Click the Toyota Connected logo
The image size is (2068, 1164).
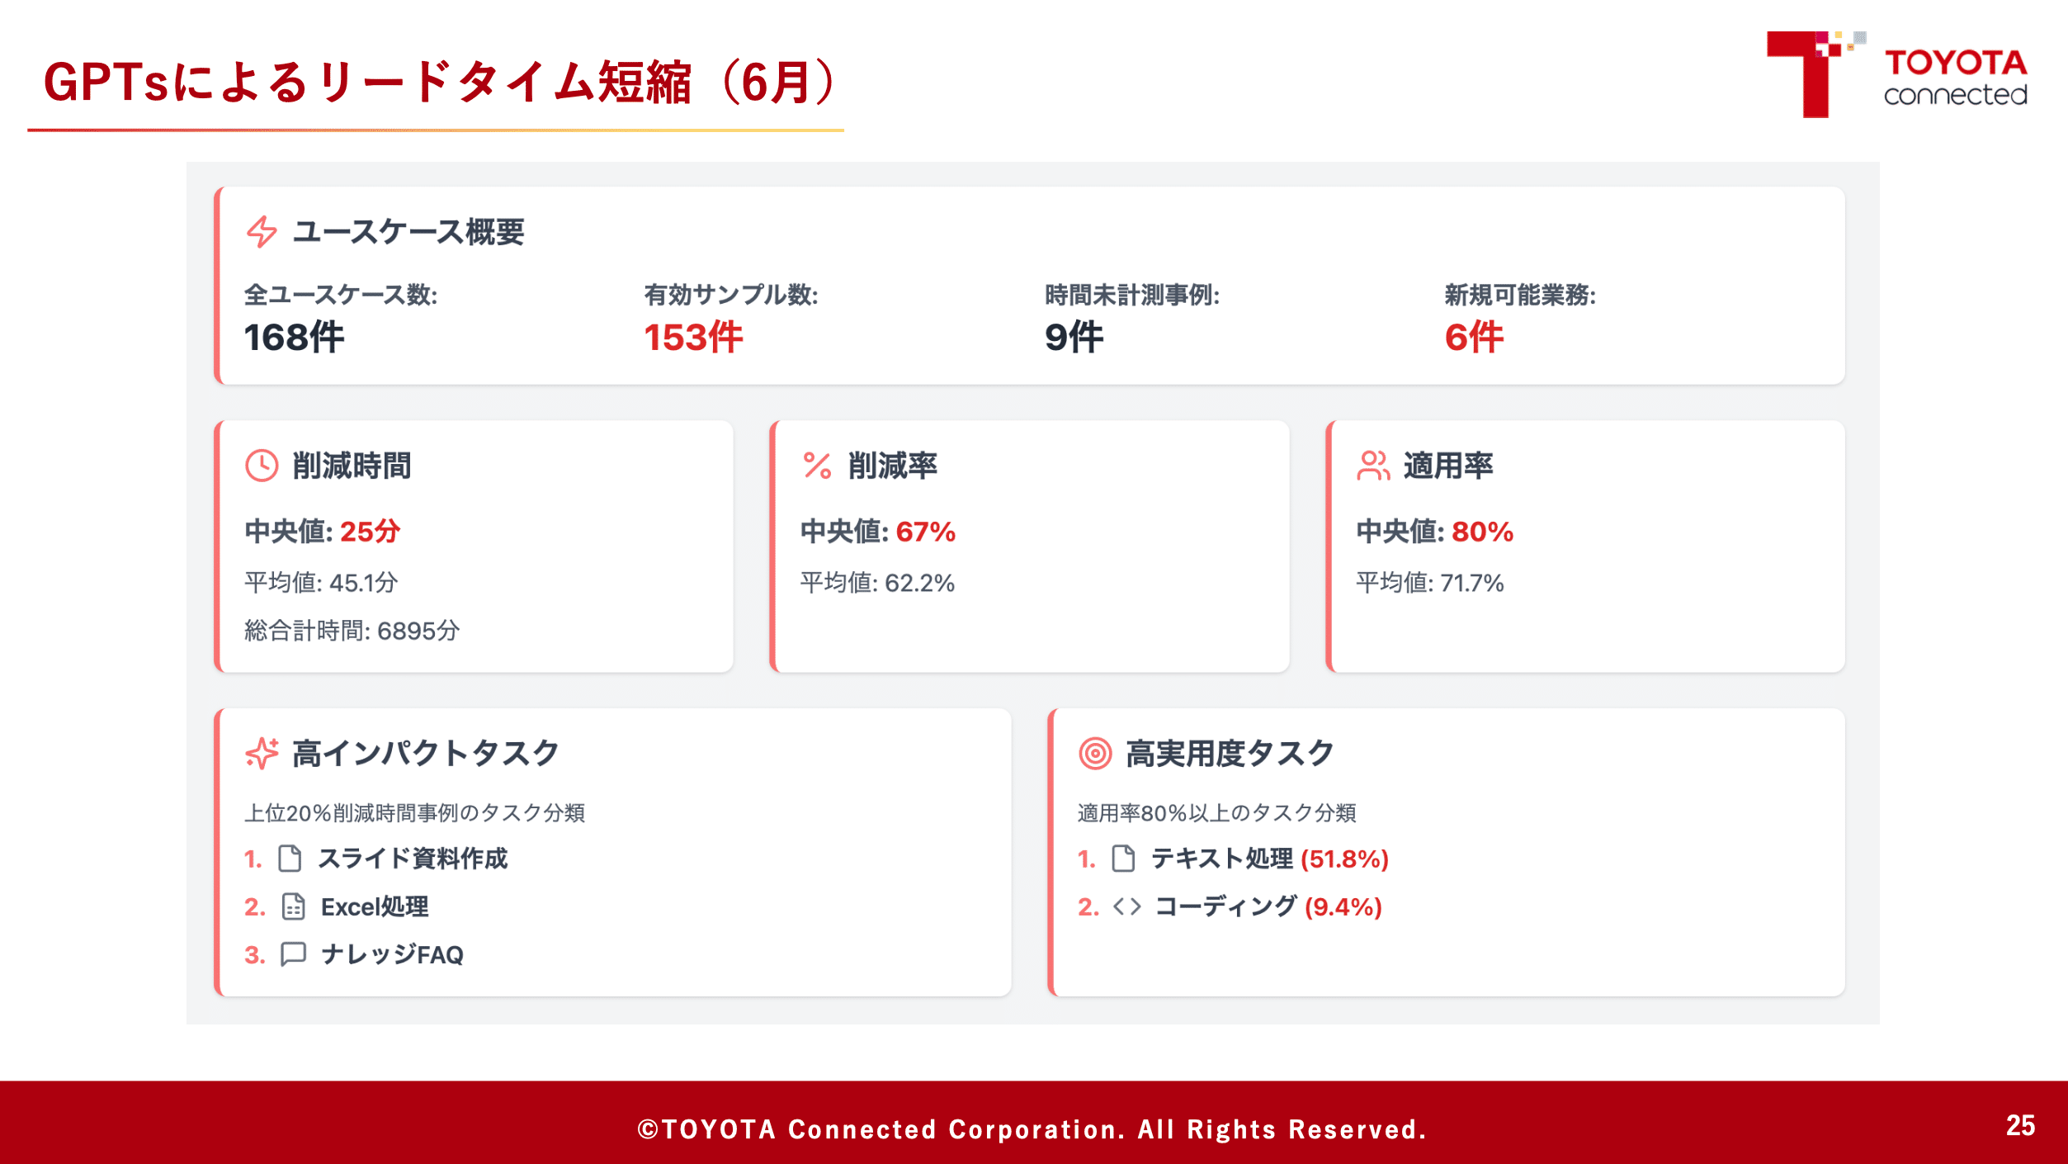1896,74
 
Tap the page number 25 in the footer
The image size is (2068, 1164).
2020,1125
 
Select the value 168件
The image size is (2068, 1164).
294,337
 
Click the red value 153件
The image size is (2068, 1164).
693,337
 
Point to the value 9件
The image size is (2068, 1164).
1074,337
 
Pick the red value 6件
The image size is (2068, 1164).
1474,337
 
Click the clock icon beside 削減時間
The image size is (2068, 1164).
262,466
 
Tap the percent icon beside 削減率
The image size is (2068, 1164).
817,466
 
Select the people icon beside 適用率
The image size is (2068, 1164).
1373,466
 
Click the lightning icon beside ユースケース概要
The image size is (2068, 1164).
262,232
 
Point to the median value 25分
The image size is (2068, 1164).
370,532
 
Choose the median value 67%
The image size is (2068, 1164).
926,532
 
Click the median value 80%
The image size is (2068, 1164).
1482,532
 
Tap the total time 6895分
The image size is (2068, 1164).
418,631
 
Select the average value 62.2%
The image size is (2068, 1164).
919,583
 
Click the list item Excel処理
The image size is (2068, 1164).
375,906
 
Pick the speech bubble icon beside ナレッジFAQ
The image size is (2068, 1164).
293,954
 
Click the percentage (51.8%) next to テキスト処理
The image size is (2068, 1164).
1344,859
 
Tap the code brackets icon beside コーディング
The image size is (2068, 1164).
1126,906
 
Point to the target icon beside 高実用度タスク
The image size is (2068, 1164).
1095,753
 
